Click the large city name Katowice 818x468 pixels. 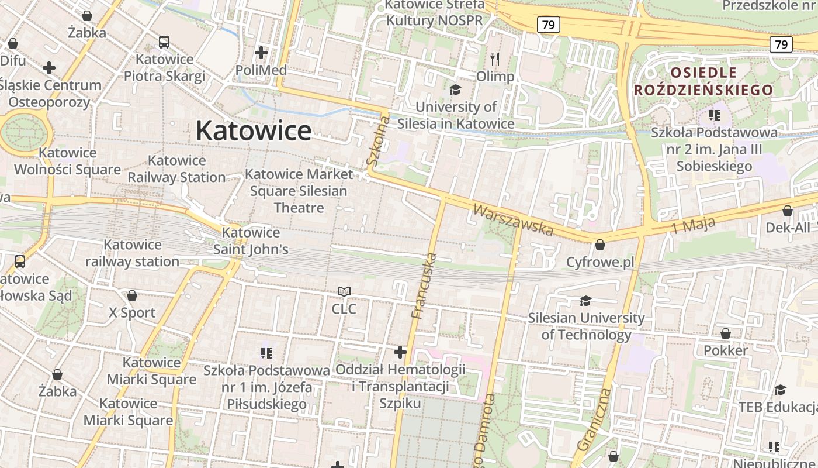254,130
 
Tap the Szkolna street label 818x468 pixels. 378,140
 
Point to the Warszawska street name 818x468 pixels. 513,219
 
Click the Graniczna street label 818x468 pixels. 594,419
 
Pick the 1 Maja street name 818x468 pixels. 693,225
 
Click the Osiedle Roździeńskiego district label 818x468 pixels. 703,81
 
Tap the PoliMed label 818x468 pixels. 261,70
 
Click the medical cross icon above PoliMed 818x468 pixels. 261,53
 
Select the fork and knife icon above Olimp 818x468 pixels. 495,59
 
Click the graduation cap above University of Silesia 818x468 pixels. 455,90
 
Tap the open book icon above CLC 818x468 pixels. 344,291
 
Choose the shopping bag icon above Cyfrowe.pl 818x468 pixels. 599,245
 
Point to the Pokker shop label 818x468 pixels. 726,350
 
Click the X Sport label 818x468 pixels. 133,312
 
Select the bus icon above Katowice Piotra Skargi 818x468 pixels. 164,42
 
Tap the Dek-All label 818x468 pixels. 788,227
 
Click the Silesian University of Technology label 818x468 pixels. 586,326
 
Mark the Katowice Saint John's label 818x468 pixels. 251,241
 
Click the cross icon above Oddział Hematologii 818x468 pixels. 400,352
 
